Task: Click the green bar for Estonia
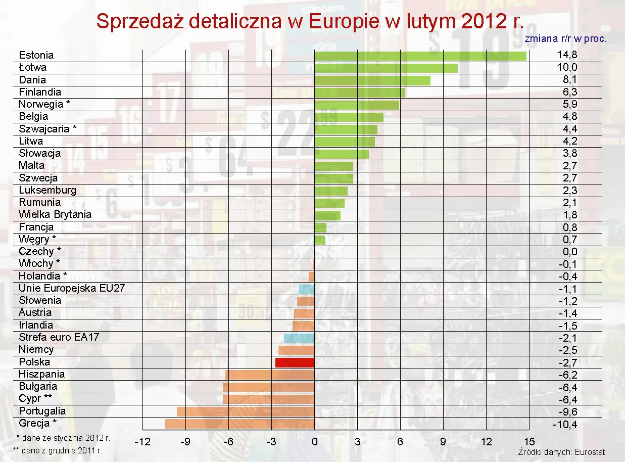point(420,56)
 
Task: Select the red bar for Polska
point(295,362)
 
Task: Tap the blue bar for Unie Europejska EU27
point(306,289)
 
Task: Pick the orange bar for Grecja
point(240,424)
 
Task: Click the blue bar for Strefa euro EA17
point(299,338)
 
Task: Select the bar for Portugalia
point(246,411)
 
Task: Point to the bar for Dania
point(372,80)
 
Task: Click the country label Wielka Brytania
point(55,214)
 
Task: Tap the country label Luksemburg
point(47,190)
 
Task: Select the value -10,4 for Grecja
point(565,424)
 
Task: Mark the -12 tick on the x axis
point(142,442)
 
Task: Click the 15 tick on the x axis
point(529,442)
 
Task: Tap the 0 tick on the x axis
point(314,442)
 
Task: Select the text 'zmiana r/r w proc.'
point(565,38)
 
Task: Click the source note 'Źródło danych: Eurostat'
point(561,452)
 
